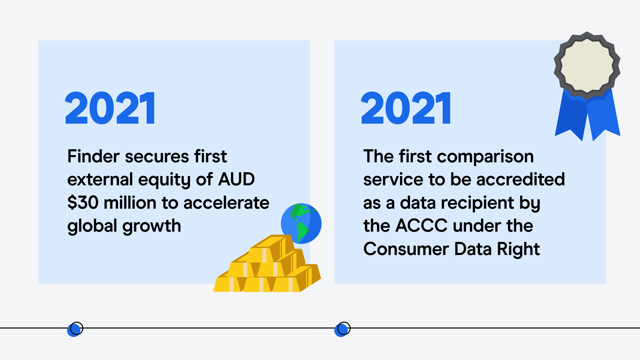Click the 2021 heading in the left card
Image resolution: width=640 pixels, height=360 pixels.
(x=110, y=108)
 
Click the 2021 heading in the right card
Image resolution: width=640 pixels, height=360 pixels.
(x=406, y=108)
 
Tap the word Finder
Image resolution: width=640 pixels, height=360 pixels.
(x=94, y=156)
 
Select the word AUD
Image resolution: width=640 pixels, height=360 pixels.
(x=236, y=179)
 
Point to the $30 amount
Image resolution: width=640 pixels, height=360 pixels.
(x=83, y=203)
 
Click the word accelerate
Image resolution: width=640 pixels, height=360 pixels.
(x=226, y=203)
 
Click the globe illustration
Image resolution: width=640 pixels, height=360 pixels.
(x=301, y=223)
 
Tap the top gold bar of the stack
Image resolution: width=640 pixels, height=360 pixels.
(x=272, y=248)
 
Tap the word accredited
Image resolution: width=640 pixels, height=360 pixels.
(x=521, y=179)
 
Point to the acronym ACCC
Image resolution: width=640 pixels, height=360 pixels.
(x=422, y=226)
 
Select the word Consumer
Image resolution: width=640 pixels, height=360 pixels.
(x=406, y=249)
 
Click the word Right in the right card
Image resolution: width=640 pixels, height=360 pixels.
(x=518, y=250)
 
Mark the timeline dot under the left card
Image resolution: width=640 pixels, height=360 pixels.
(x=75, y=329)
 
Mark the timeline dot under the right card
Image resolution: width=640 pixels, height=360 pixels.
(x=342, y=329)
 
